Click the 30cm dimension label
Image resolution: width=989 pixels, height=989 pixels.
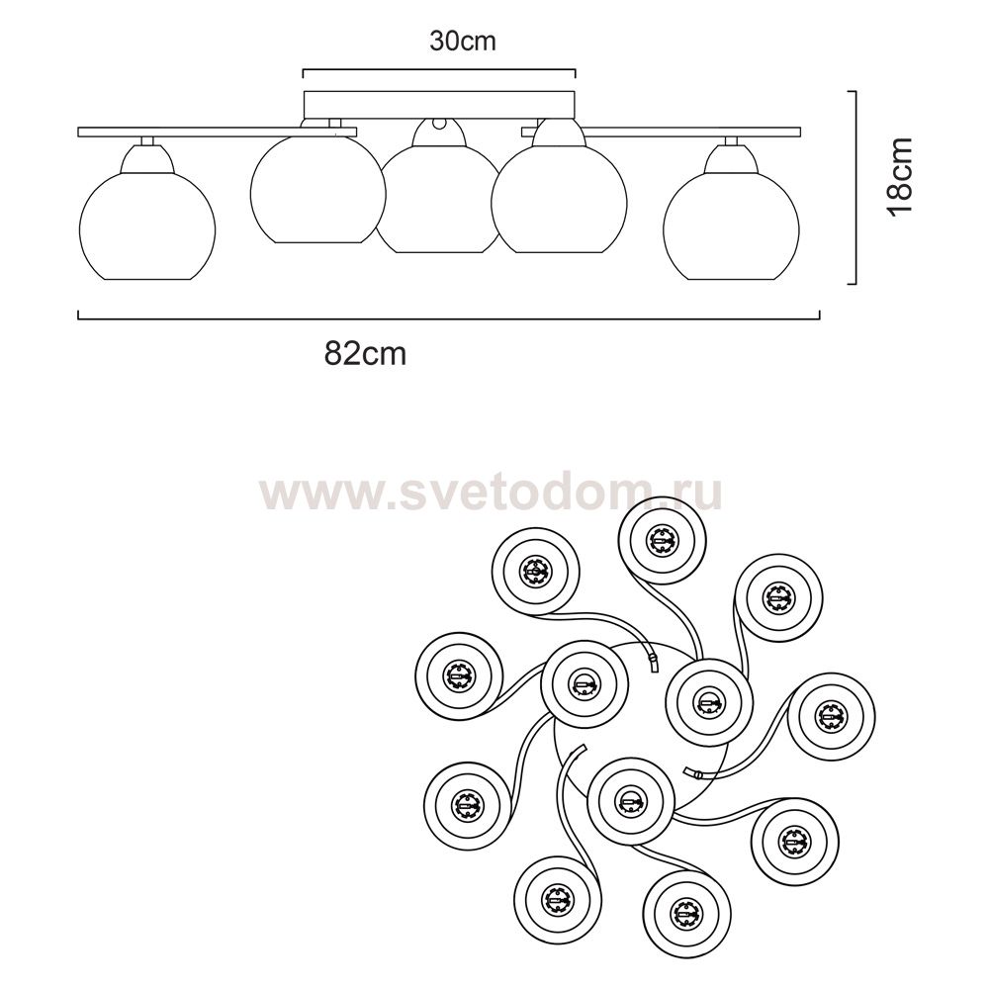click(x=462, y=41)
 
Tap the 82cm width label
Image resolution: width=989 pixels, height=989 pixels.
click(x=365, y=354)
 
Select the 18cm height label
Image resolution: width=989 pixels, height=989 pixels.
click(x=901, y=177)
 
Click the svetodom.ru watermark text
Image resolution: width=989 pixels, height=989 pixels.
click(x=491, y=494)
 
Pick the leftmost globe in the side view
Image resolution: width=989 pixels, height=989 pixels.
click(x=147, y=227)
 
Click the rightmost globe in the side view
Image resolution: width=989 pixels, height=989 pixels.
click(x=731, y=227)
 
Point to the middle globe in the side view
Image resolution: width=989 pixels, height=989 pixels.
click(x=438, y=202)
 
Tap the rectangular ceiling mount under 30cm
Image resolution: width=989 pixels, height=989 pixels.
click(x=440, y=106)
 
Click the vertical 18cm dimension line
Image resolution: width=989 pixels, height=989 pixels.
click(x=854, y=187)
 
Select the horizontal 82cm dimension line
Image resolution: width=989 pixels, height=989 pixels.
click(x=448, y=318)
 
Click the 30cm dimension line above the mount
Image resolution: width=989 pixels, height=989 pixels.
click(x=439, y=69)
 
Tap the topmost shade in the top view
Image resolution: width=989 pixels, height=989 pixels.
click(x=662, y=540)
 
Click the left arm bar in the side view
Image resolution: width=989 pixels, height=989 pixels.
click(x=217, y=132)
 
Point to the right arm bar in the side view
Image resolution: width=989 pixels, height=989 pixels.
click(x=661, y=132)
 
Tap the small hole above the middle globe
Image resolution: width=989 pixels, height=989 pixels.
click(x=438, y=123)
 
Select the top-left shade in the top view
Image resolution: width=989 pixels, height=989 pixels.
click(x=535, y=572)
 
